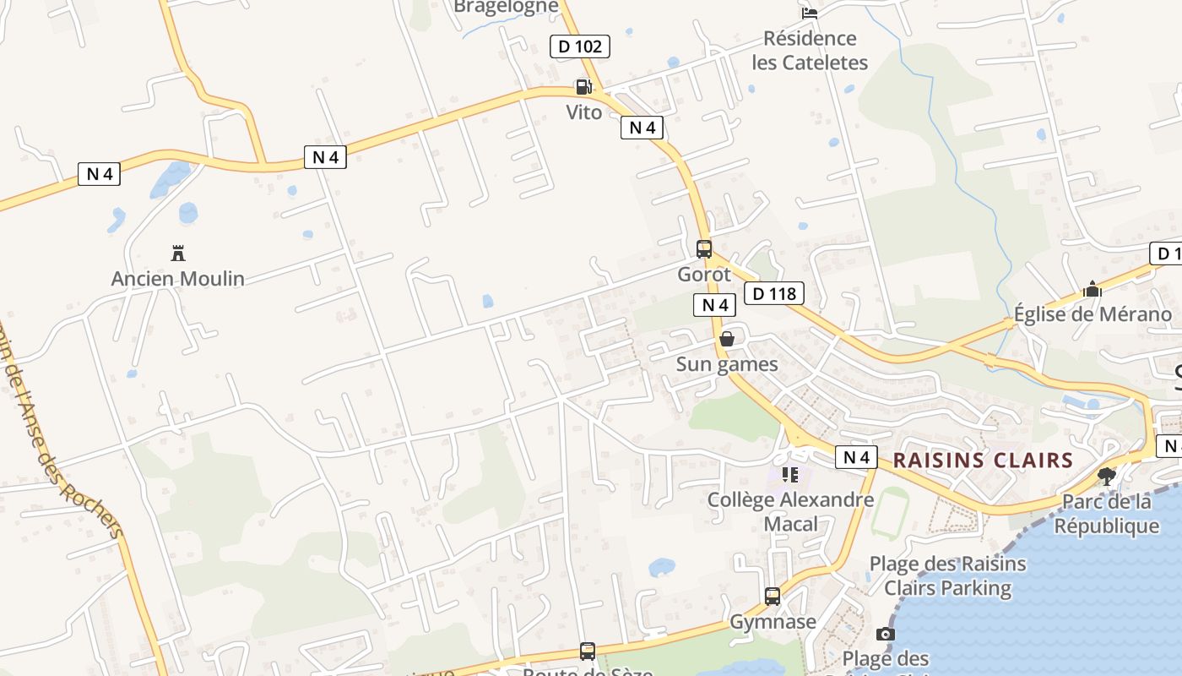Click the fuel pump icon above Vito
pos(583,86)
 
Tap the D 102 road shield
pos(580,46)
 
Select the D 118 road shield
pos(774,294)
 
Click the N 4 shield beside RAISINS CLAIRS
pos(856,457)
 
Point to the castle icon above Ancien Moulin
pos(178,253)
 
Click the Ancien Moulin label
pos(178,278)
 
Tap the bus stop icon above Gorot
pos(704,248)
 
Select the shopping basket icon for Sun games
pos(727,339)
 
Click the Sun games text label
pos(727,364)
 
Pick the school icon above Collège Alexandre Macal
pos(790,475)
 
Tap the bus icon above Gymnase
pos(773,596)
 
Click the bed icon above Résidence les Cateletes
pos(810,13)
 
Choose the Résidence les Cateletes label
pos(810,50)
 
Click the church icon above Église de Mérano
pos(1093,290)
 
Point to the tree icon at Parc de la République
pos(1106,477)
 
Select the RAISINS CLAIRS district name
pos(983,461)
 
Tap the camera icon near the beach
pos(885,634)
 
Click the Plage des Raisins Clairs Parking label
pos(947,575)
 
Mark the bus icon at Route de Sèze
pos(588,651)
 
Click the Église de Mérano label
pos(1093,314)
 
